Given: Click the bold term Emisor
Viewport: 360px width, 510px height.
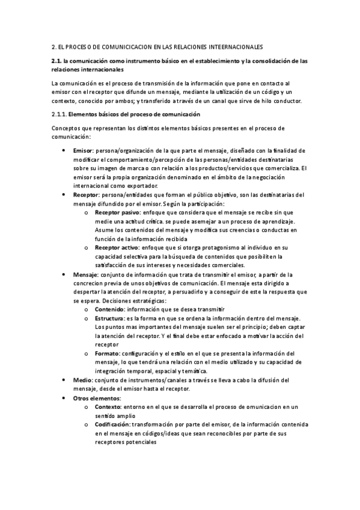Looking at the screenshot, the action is pyautogui.click(x=82, y=150).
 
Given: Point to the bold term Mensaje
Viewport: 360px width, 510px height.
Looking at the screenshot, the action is pyautogui.click(x=85, y=274).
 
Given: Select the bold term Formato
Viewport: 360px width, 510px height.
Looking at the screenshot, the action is pyautogui.click(x=108, y=353).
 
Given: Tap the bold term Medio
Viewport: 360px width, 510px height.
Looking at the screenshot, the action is pyautogui.click(x=82, y=380).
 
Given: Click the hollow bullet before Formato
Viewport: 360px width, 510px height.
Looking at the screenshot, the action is pyautogui.click(x=87, y=354).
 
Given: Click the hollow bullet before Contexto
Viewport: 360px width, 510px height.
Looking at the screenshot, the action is pyautogui.click(x=87, y=407).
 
